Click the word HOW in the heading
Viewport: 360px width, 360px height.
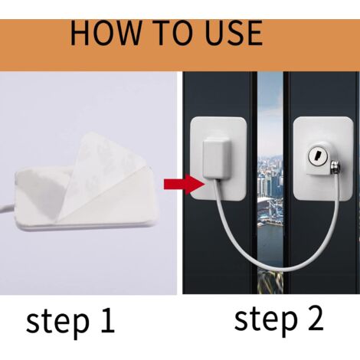[x=106, y=33]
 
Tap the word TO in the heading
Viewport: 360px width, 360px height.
[x=175, y=33]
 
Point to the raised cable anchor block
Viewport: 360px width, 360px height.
[x=216, y=159]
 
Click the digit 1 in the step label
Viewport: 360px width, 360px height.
[x=107, y=319]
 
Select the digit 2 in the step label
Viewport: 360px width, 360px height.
[x=316, y=317]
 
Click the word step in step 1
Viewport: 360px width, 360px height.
[x=57, y=322]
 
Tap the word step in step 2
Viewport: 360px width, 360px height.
[x=266, y=319]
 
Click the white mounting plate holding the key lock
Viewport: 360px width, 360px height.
[x=323, y=159]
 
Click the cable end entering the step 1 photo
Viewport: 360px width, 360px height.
[x=5, y=208]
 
